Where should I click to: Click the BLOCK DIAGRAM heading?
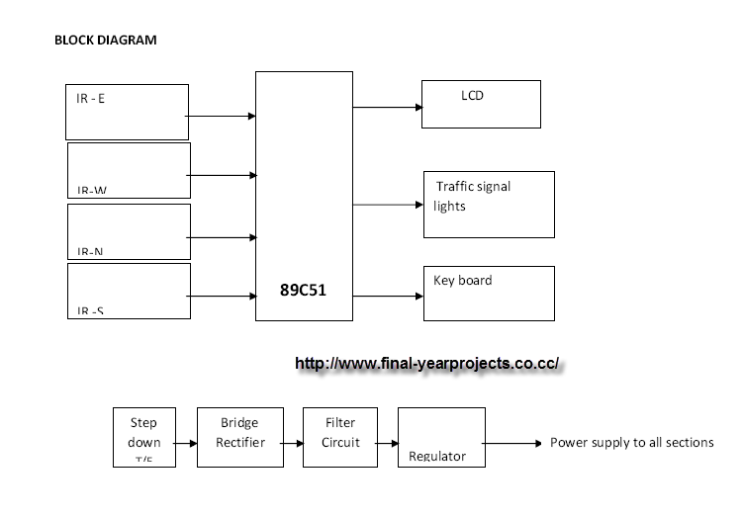pyautogui.click(x=105, y=41)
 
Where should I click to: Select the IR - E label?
pyautogui.click(x=91, y=99)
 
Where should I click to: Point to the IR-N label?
pyautogui.click(x=90, y=252)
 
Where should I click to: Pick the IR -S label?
pyautogui.click(x=90, y=311)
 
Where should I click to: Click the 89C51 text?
pyautogui.click(x=304, y=293)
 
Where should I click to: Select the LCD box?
pyautogui.click(x=481, y=104)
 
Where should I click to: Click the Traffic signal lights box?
pyautogui.click(x=489, y=204)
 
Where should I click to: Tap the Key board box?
pyautogui.click(x=489, y=294)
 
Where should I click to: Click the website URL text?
pyautogui.click(x=428, y=363)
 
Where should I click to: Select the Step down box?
pyautogui.click(x=143, y=436)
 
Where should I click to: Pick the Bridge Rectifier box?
pyautogui.click(x=240, y=436)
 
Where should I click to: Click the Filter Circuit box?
pyautogui.click(x=340, y=436)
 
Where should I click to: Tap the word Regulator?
pyautogui.click(x=437, y=457)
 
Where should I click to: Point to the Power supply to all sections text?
pyautogui.click(x=631, y=442)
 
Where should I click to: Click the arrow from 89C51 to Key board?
pyautogui.click(x=388, y=295)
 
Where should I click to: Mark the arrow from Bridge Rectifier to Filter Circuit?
pyautogui.click(x=293, y=442)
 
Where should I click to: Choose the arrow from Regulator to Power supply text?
pyautogui.click(x=513, y=443)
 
